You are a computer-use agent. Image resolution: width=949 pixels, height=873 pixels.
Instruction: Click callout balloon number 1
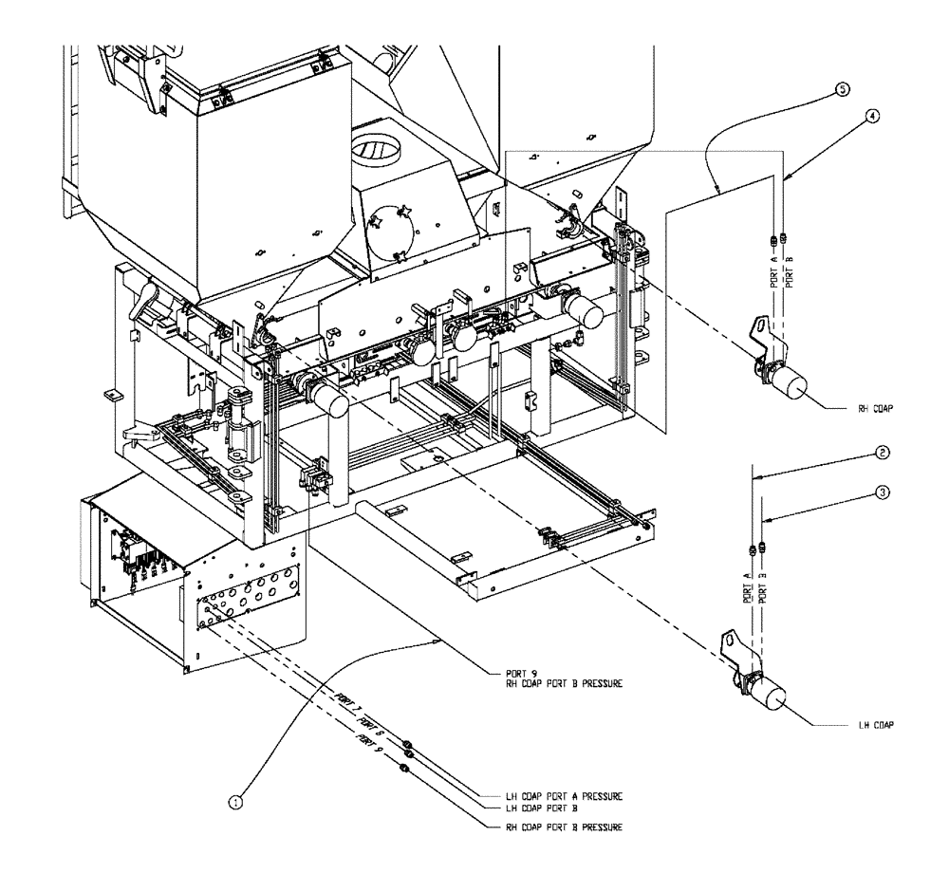click(x=236, y=802)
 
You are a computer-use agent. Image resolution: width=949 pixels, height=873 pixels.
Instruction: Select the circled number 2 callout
click(x=883, y=454)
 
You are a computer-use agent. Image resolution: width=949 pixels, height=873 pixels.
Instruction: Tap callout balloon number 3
click(x=883, y=492)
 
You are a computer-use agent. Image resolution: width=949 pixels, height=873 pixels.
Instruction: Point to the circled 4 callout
click(x=873, y=115)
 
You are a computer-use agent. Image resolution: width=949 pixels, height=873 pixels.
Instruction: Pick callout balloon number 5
click(x=842, y=88)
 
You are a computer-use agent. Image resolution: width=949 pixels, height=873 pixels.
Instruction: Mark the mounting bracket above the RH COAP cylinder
click(x=755, y=337)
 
